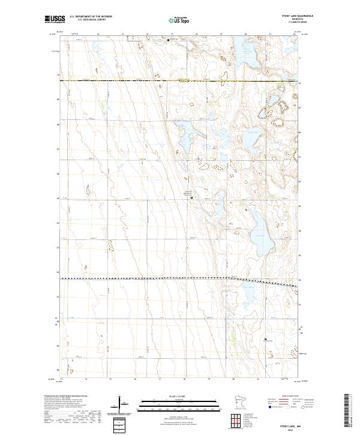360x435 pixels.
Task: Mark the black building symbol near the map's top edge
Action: click(169, 40)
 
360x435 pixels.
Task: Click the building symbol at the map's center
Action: click(191, 197)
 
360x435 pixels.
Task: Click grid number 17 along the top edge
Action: click(172, 35)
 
